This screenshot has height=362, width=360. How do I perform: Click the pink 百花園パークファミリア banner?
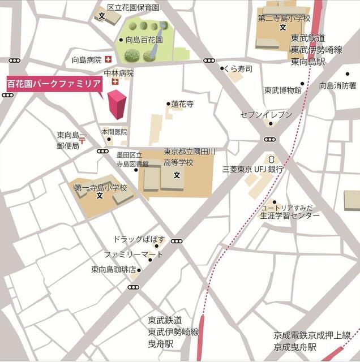[x=54, y=83]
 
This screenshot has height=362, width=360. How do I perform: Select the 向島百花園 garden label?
[x=144, y=40]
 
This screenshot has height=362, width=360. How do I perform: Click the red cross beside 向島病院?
[x=108, y=59]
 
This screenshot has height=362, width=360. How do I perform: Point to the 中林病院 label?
[x=119, y=73]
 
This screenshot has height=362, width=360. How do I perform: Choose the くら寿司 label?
[x=238, y=68]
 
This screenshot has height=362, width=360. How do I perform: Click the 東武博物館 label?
[x=282, y=90]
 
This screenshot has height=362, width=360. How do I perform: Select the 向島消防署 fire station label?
[x=337, y=85]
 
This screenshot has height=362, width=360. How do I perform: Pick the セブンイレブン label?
[x=267, y=115]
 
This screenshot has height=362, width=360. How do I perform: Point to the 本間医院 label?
[x=114, y=131]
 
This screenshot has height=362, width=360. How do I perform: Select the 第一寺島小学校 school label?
[x=100, y=187]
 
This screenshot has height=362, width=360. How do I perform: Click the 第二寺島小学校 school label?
[x=284, y=18]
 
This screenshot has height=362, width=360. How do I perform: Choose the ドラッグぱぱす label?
[x=139, y=239]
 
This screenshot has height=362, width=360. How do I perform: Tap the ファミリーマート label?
[x=133, y=255]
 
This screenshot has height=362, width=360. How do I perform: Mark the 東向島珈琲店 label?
[x=113, y=270]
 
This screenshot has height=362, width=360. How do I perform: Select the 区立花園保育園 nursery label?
[x=133, y=7]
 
